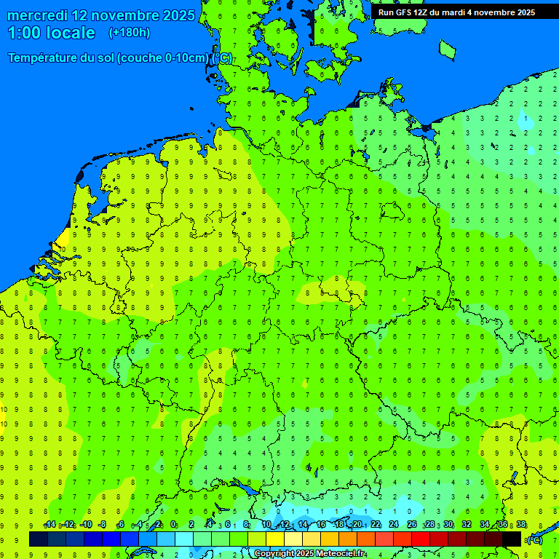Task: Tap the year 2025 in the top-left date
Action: tap(176, 15)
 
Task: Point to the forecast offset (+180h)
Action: tap(129, 33)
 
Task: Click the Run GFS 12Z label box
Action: tap(456, 12)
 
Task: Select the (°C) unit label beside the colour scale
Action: tap(534, 539)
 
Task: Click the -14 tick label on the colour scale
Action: tap(49, 525)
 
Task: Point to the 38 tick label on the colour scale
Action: tap(521, 525)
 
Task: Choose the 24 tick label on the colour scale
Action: tap(394, 525)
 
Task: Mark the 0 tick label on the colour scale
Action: tap(173, 525)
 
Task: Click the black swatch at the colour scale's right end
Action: tap(512, 539)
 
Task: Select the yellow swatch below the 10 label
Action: tap(275, 539)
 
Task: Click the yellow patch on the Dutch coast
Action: tap(63, 237)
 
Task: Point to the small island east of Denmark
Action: tap(446, 49)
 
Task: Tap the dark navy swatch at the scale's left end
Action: tap(39, 539)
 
